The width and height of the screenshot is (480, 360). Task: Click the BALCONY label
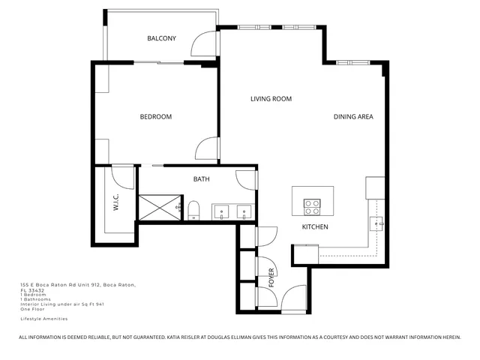161,38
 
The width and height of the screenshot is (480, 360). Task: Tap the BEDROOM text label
156,117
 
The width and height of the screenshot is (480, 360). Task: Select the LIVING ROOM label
271,99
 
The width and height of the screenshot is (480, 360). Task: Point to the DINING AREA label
353,117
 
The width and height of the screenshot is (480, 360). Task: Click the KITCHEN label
315,226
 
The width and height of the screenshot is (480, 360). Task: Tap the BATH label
201,179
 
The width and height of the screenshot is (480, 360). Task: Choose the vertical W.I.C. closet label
116,203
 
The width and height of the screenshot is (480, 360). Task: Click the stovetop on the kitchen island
312,203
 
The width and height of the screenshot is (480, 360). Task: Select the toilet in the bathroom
193,209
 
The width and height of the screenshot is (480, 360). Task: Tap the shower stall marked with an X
158,205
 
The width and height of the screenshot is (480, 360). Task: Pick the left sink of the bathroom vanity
222,211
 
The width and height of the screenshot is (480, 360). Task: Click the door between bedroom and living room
207,148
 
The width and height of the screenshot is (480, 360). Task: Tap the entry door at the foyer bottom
294,298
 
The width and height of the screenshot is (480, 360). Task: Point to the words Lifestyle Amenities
43,319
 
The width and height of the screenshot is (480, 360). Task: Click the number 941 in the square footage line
99,304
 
